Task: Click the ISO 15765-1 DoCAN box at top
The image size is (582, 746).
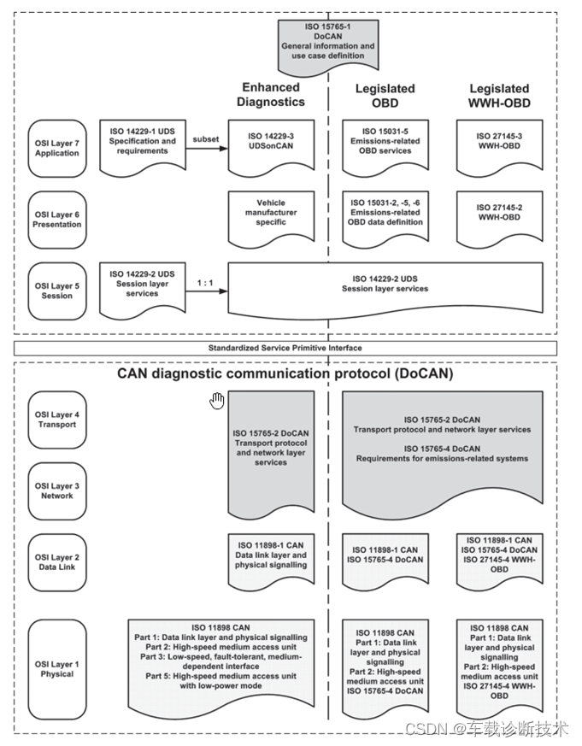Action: click(329, 44)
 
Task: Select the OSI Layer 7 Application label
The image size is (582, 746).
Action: click(57, 147)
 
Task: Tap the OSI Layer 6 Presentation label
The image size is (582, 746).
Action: click(57, 219)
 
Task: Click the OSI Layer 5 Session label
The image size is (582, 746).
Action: click(57, 290)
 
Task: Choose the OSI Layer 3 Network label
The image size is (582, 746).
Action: click(57, 490)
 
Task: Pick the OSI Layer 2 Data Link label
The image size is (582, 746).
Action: click(57, 562)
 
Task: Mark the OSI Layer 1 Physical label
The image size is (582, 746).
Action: click(57, 668)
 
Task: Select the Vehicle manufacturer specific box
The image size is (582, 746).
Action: click(272, 214)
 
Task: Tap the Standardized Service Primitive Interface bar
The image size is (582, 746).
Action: click(285, 348)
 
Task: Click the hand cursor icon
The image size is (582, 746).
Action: click(217, 400)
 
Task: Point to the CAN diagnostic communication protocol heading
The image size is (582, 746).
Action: click(285, 373)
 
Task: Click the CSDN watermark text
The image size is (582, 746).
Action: click(485, 729)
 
